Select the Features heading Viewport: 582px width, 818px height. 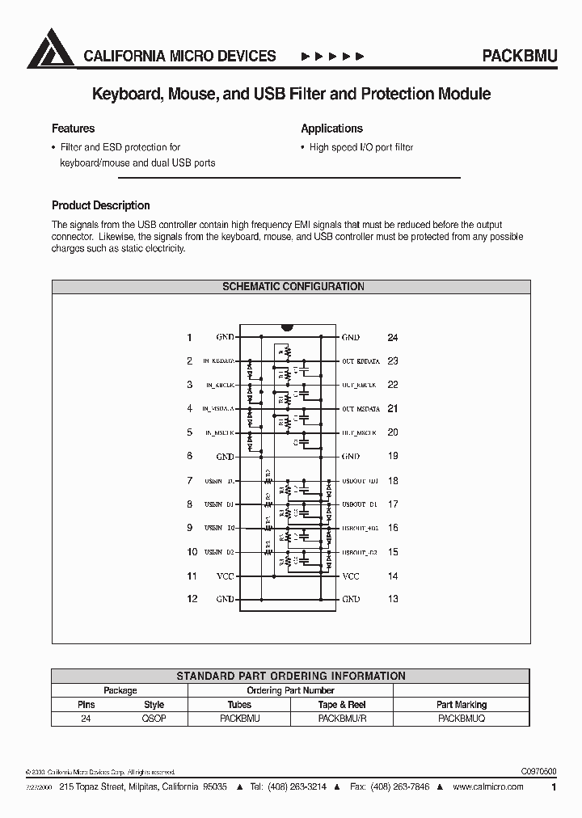click(x=73, y=129)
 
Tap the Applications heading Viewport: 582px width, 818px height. click(x=331, y=129)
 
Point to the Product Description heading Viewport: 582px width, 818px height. click(x=100, y=205)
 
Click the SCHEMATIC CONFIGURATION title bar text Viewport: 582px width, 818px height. click(x=292, y=286)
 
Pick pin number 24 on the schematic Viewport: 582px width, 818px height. click(x=393, y=337)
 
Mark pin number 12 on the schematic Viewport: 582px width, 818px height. click(x=192, y=599)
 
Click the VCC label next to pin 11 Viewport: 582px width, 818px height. click(x=226, y=576)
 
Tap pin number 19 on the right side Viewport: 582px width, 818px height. click(x=393, y=456)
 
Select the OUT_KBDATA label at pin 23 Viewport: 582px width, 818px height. click(x=361, y=361)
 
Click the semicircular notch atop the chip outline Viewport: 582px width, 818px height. click(x=286, y=328)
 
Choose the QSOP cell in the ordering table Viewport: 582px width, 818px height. click(x=154, y=717)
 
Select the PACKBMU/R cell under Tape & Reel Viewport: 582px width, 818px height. click(x=342, y=717)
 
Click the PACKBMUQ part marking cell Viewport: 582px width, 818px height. click(x=462, y=717)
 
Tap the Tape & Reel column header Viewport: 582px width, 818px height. click(x=342, y=704)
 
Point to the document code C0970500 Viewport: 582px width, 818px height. click(x=533, y=772)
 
